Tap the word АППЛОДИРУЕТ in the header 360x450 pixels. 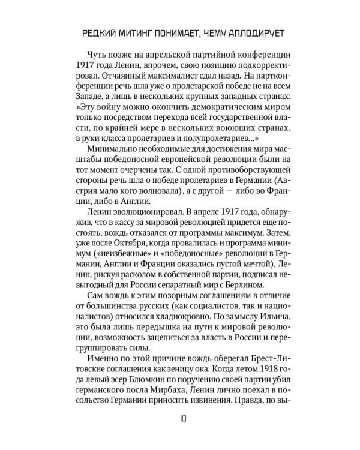pos(248,31)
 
